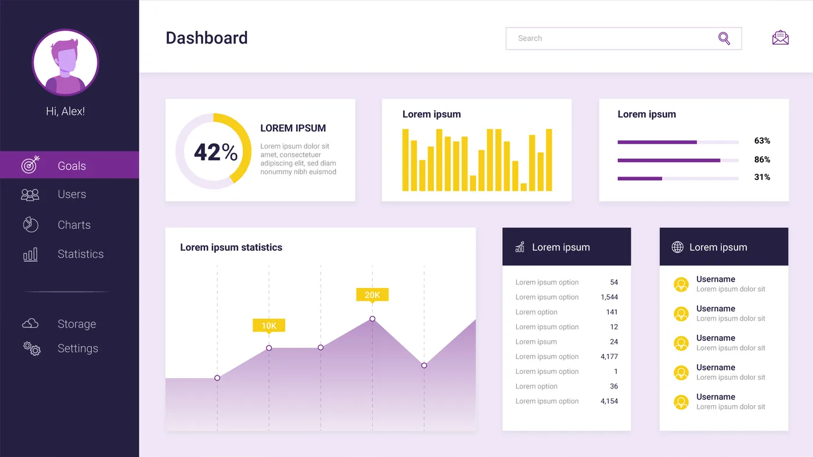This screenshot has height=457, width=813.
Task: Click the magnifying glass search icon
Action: click(x=724, y=38)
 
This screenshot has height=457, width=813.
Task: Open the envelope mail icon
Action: click(x=780, y=37)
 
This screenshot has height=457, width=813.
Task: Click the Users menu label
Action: click(x=72, y=194)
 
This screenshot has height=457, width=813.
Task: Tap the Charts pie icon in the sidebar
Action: click(x=30, y=224)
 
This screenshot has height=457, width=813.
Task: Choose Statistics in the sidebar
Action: click(x=81, y=254)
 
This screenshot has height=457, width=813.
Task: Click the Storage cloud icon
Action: click(x=30, y=323)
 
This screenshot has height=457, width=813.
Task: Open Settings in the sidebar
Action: click(x=78, y=348)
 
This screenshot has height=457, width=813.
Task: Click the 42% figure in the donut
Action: click(x=215, y=152)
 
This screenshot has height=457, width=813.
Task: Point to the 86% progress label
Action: click(x=762, y=159)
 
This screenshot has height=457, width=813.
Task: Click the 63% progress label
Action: click(x=762, y=141)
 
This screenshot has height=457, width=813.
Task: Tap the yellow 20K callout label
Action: click(x=372, y=295)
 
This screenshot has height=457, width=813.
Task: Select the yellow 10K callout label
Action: click(x=269, y=326)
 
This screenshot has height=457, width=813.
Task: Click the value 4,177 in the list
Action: click(x=609, y=357)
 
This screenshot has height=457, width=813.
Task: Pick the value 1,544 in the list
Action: click(x=609, y=297)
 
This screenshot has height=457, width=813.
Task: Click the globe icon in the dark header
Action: click(x=677, y=247)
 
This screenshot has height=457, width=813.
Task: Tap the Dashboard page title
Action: click(x=207, y=38)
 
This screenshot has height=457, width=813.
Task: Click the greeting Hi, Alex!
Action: click(x=65, y=111)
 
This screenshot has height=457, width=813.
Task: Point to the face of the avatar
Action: click(x=66, y=60)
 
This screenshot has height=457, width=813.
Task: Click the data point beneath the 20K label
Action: click(x=372, y=319)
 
